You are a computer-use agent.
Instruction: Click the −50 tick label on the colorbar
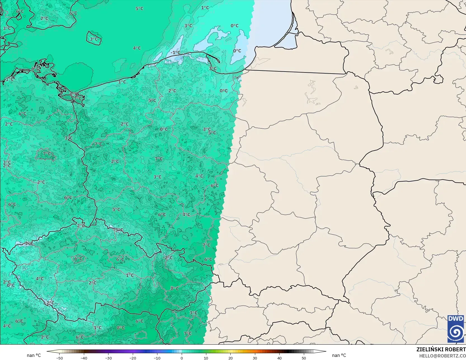pyautogui.click(x=59, y=358)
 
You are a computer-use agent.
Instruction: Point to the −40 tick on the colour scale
pyautogui.click(x=84, y=358)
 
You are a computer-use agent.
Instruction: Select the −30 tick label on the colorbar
pyautogui.click(x=108, y=358)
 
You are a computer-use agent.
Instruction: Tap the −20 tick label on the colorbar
pyautogui.click(x=133, y=358)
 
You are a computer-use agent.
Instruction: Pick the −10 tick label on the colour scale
pyautogui.click(x=157, y=358)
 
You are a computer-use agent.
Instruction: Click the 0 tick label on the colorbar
pyautogui.click(x=182, y=358)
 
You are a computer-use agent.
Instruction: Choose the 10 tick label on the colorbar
pyautogui.click(x=206, y=358)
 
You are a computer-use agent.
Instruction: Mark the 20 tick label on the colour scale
pyautogui.click(x=230, y=358)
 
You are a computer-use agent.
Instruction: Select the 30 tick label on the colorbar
pyautogui.click(x=255, y=358)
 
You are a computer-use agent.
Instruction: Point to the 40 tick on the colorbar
pyautogui.click(x=279, y=358)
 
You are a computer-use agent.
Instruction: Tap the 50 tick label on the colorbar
pyautogui.click(x=304, y=358)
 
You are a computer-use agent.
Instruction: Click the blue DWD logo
pyautogui.click(x=456, y=329)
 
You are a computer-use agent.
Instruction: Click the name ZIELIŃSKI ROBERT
pyautogui.click(x=441, y=349)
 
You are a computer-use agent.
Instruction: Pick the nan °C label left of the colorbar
pyautogui.click(x=34, y=355)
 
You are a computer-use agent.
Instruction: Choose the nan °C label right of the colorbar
pyautogui.click(x=339, y=355)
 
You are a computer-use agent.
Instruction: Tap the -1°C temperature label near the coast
pyautogui.click(x=176, y=53)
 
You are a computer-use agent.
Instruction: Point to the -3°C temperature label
pyautogui.click(x=119, y=230)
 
